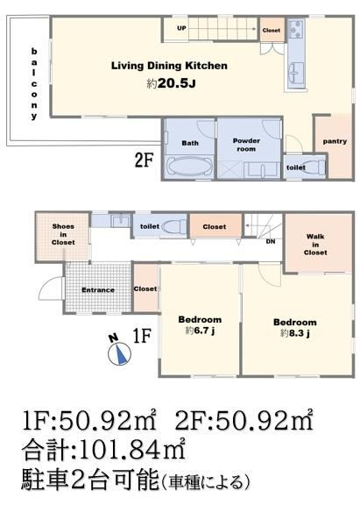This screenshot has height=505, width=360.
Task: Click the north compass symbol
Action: click(119, 353)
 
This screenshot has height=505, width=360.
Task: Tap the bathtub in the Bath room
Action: click(189, 167)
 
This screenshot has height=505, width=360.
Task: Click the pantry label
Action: click(335, 141)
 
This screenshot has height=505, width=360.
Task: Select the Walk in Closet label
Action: click(315, 245)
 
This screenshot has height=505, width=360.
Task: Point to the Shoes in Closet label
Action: click(63, 234)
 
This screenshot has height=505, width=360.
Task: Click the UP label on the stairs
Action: click(181, 28)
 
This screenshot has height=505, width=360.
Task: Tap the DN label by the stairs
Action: click(271, 241)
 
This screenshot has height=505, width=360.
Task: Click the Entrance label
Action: click(98, 290)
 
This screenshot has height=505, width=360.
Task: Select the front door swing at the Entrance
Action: click(51, 288)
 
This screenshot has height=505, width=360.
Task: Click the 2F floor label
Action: click(144, 160)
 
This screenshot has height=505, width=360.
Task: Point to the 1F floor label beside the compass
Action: click(142, 336)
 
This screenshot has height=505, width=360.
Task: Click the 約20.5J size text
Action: click(171, 84)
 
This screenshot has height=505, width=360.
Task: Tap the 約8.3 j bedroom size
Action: click(295, 333)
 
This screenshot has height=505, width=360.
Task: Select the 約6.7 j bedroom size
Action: click(200, 331)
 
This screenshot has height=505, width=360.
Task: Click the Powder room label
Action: click(246, 145)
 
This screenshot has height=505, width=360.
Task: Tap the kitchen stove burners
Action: click(296, 29)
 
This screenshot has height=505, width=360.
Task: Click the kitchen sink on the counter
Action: click(297, 73)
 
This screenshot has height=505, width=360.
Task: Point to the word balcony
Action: click(34, 83)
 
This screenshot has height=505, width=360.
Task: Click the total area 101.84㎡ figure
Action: click(131, 449)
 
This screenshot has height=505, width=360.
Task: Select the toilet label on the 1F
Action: click(150, 226)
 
